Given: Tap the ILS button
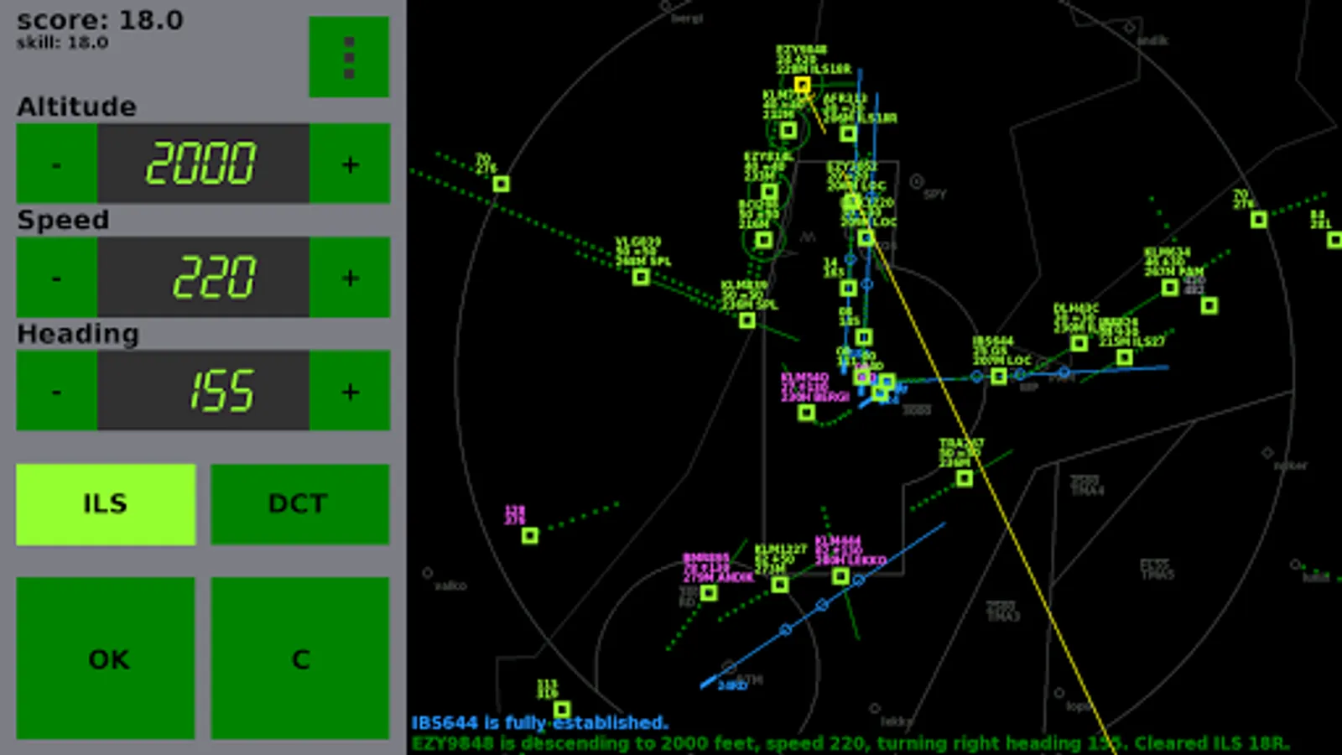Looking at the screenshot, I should pos(106,504).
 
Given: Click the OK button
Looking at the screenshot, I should pos(106,659).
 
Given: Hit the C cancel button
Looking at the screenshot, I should pos(299,659).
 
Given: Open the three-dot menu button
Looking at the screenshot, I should pos(349,57).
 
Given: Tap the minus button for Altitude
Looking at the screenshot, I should pos(56,164).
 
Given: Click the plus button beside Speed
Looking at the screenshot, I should pos(350,278).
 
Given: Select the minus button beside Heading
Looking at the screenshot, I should pos(56,391).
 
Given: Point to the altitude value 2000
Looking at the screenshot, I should pos(202,164).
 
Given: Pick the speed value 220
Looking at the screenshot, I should pos(214,278).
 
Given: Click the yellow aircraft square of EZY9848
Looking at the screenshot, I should pos(802,85).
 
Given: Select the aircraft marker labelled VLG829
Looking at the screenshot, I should pos(641,276).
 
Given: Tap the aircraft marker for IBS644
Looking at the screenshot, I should pos(998,376).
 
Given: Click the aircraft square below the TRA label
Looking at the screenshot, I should pos(965,478).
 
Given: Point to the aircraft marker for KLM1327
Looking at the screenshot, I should pos(780,584).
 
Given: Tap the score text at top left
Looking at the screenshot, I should pos(100,20).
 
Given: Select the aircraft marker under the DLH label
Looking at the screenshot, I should pos(1079,342).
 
